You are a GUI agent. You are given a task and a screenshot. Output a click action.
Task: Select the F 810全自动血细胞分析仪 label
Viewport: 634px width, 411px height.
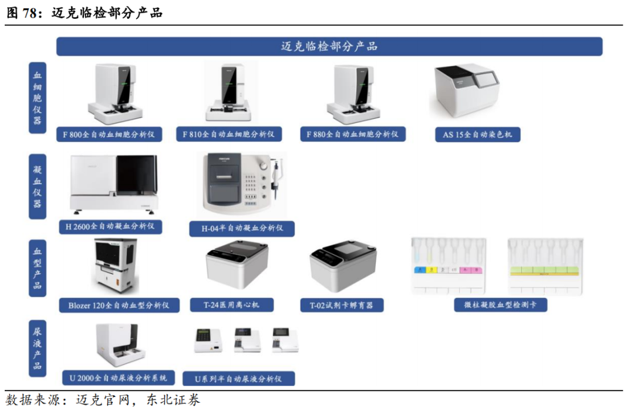click(229, 134)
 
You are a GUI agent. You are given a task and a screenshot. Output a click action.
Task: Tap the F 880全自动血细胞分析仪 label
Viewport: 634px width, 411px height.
click(352, 134)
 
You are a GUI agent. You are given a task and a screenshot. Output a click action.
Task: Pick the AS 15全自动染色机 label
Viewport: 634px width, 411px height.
click(477, 135)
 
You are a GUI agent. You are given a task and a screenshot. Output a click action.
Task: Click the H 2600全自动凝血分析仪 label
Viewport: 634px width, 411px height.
click(110, 226)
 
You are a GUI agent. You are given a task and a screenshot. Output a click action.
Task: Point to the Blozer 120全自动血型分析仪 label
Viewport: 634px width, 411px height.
click(119, 305)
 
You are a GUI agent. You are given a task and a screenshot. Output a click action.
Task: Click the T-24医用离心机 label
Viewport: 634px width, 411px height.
click(231, 305)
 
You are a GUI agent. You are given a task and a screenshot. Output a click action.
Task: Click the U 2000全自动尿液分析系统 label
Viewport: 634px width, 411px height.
click(118, 377)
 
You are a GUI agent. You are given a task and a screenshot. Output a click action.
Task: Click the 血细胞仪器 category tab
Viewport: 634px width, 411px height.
click(38, 98)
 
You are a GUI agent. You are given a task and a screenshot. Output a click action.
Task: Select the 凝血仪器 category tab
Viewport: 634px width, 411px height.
click(38, 186)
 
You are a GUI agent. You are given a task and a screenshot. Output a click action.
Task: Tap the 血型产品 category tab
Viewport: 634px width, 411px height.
click(38, 268)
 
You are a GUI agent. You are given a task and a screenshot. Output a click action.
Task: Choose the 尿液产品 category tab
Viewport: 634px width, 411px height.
click(38, 348)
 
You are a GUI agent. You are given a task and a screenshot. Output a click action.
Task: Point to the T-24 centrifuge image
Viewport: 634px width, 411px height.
click(237, 267)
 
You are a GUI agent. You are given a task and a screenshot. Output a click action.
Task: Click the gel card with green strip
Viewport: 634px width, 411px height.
click(545, 266)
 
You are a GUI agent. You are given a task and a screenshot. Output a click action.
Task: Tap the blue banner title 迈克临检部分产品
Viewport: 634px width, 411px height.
click(329, 46)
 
